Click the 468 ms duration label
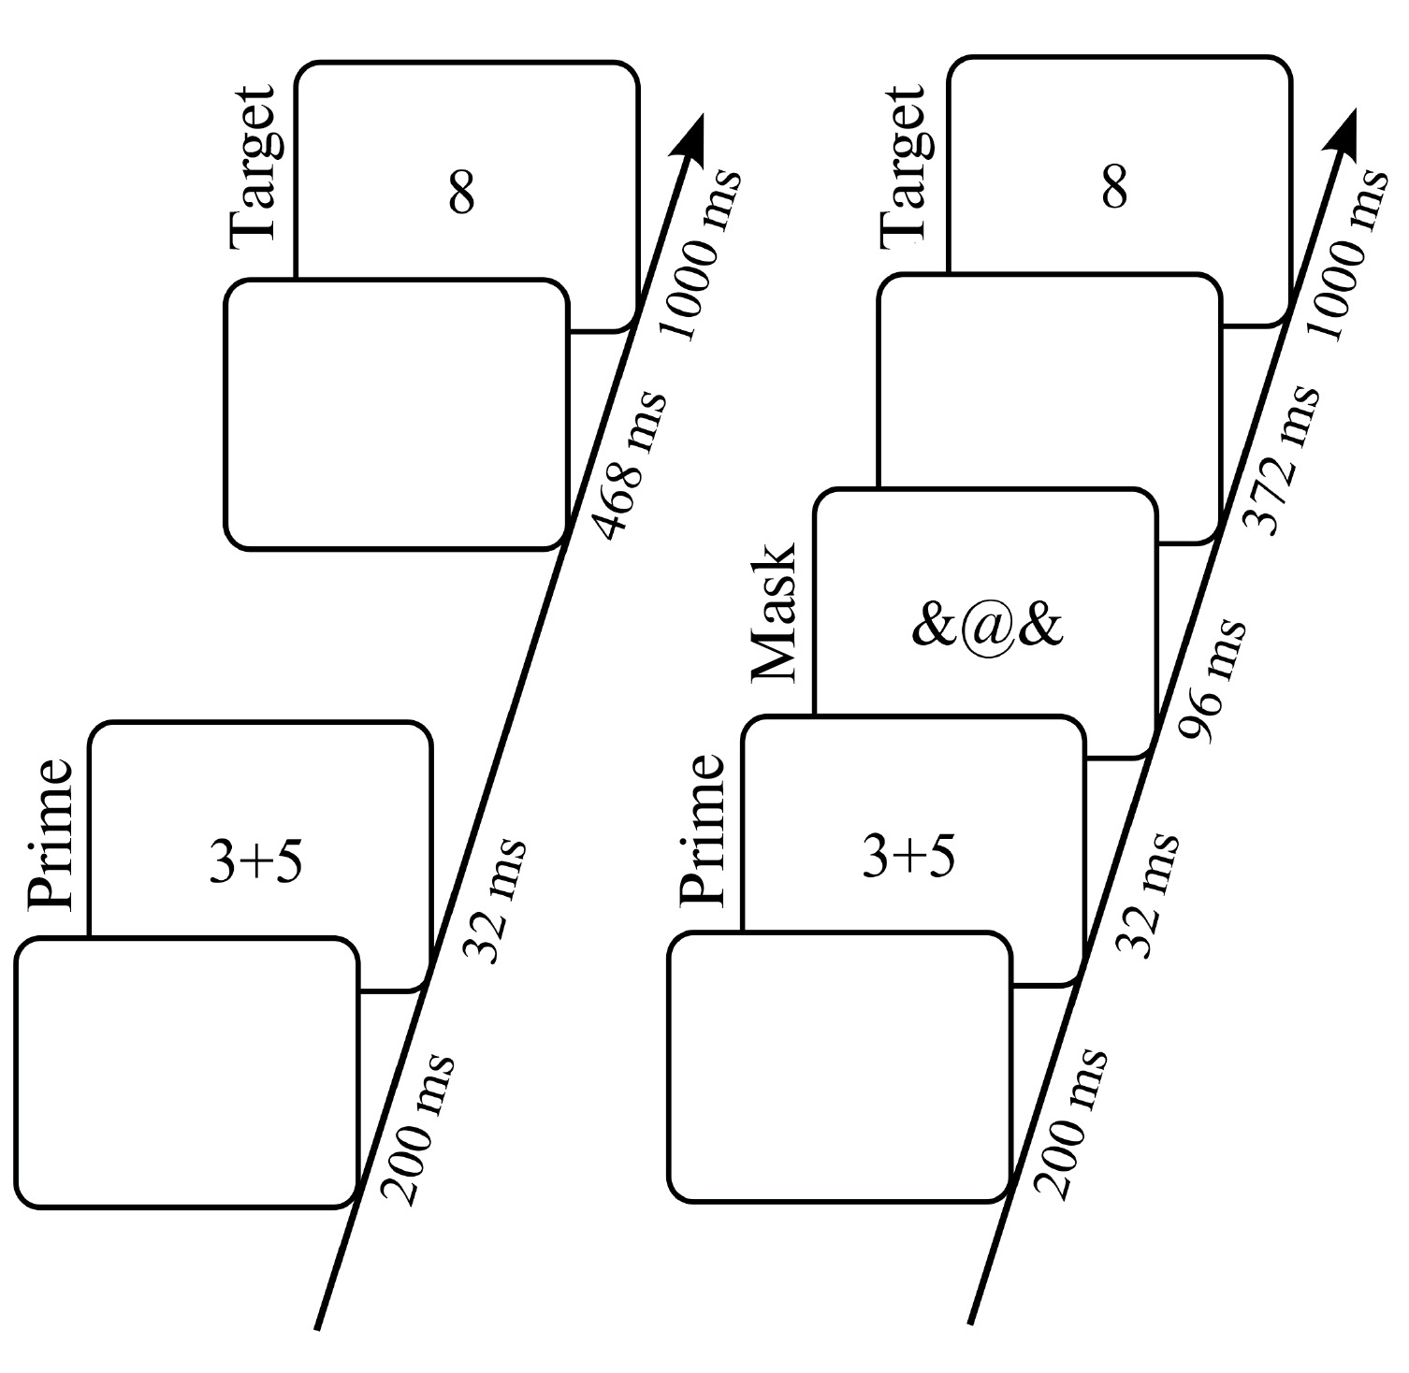coord(633,465)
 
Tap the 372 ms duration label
coord(1286,459)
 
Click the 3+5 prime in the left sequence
coord(255,862)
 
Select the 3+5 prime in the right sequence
coord(908,857)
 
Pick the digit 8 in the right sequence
coord(1114,187)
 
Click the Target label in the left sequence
coord(253,167)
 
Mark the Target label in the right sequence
coord(905,166)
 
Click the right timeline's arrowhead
coord(1344,130)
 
